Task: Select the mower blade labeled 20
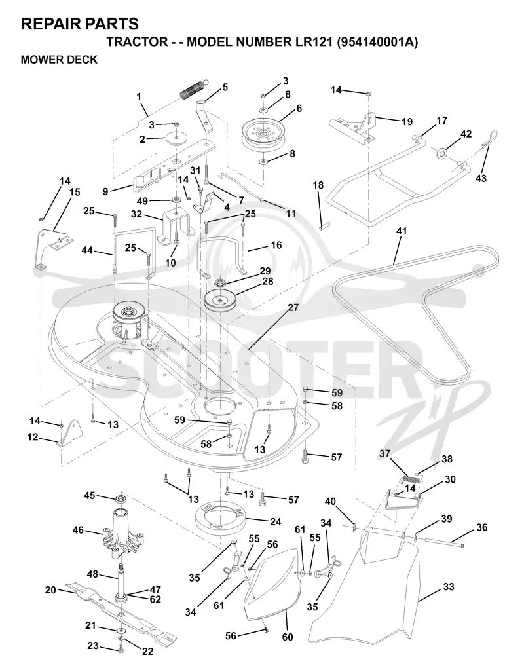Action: coord(121,612)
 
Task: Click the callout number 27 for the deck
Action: coord(293,308)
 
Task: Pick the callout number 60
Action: coord(287,637)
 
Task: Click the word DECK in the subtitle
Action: coord(81,59)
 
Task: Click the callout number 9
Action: coord(105,191)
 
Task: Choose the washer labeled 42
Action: coord(441,152)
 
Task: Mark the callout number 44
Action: coord(87,250)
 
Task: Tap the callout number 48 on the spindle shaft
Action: coord(92,574)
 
